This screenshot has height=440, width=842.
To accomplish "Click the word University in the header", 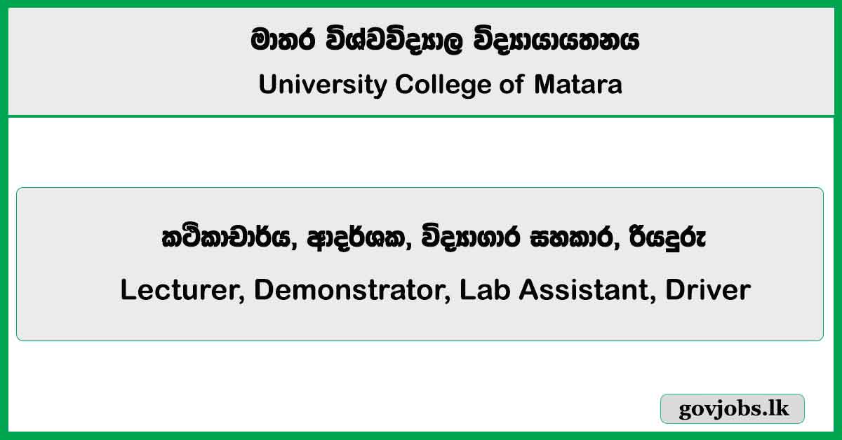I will coord(322,85).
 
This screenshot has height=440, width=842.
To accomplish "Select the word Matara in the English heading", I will coord(578,85).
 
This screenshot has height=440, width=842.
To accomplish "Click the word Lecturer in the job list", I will coord(181,289).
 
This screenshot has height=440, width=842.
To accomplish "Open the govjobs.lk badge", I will coord(733,409).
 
